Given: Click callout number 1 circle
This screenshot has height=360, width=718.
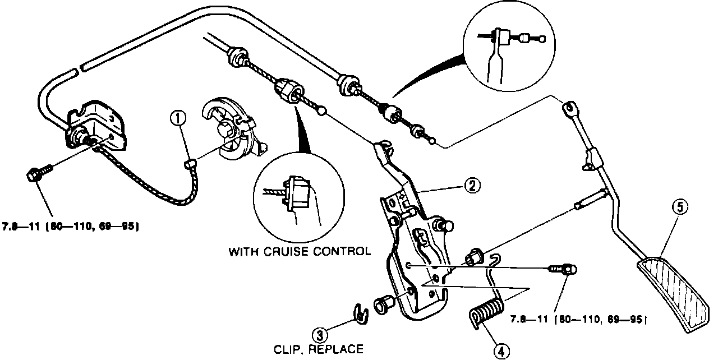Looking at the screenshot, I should tap(178, 118).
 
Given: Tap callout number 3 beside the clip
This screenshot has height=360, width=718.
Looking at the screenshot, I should tap(320, 336).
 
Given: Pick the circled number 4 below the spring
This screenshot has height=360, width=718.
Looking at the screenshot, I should tap(501, 350).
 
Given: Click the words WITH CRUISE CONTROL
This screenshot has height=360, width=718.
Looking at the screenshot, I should tap(300, 251).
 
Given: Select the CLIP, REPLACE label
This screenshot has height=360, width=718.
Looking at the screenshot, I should tap(318, 349).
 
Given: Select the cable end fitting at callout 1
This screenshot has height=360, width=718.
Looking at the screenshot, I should tap(190, 163).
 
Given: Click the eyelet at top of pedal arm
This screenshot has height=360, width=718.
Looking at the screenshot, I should tap(568, 107).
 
